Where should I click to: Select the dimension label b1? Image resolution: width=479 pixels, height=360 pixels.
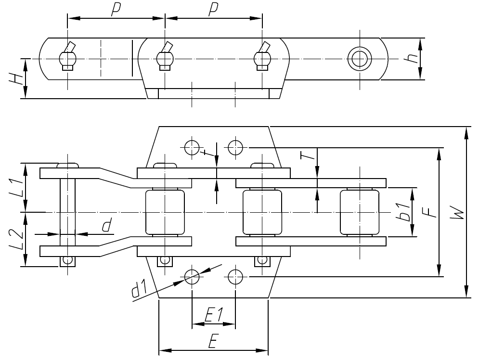(404, 212)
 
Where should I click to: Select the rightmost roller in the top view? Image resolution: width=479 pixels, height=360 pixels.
(359, 212)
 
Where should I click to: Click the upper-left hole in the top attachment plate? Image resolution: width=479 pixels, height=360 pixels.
(192, 146)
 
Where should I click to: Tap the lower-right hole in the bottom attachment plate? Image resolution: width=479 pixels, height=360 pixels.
(235, 276)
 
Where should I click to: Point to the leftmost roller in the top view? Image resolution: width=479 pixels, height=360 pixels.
(165, 212)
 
